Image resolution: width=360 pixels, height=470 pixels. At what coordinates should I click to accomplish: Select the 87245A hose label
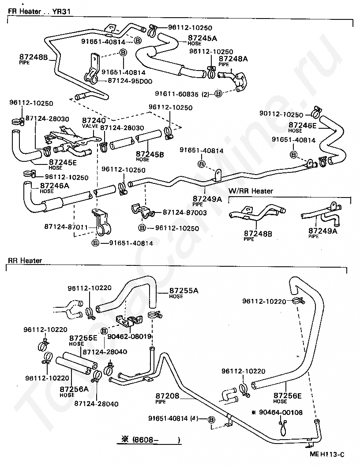pos(202,38)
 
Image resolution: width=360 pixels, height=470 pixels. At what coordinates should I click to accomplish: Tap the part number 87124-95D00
pos(129,81)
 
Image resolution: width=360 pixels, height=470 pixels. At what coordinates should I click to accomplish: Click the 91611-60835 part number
pos(177,94)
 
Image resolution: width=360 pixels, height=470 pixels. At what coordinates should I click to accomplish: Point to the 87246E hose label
pos(302,125)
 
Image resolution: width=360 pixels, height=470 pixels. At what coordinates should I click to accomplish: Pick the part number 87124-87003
pos(185,213)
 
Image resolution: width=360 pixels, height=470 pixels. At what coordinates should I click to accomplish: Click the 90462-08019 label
pos(132,336)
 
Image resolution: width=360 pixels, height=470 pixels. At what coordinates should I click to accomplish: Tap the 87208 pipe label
pos(167,396)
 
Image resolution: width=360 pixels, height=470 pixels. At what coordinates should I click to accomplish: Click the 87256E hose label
pos(287,395)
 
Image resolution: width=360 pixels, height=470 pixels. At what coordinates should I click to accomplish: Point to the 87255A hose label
pos(184,291)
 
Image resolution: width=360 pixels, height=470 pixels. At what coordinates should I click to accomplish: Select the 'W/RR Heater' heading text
pos(251,191)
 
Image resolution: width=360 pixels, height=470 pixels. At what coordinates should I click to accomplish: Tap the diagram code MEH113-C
pos(326,454)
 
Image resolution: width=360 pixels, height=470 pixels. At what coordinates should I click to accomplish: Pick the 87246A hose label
pos(54,186)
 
